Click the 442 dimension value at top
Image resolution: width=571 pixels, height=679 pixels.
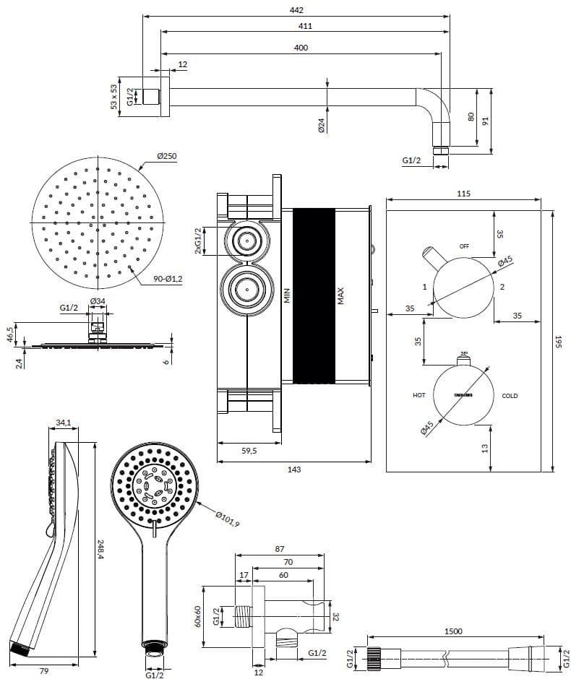tap(296, 10)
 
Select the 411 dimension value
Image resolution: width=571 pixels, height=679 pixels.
tap(296, 26)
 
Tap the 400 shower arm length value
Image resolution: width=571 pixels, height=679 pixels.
tap(301, 48)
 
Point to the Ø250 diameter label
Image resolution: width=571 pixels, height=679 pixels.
tap(168, 156)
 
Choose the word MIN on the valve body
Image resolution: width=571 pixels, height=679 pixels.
tap(286, 295)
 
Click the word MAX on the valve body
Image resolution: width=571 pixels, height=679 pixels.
tap(341, 296)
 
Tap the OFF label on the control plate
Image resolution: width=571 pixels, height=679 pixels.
tap(464, 246)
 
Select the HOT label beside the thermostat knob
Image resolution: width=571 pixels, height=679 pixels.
tap(419, 396)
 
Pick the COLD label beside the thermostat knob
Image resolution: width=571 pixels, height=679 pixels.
tap(510, 396)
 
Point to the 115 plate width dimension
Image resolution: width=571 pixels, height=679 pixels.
tap(463, 194)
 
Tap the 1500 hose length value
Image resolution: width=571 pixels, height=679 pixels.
tap(453, 631)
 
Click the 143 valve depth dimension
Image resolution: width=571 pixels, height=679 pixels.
tap(294, 470)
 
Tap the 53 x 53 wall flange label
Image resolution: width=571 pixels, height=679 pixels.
tap(113, 97)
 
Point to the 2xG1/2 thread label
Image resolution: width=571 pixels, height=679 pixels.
tap(198, 241)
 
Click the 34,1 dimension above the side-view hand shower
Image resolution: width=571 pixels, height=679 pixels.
tap(63, 423)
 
